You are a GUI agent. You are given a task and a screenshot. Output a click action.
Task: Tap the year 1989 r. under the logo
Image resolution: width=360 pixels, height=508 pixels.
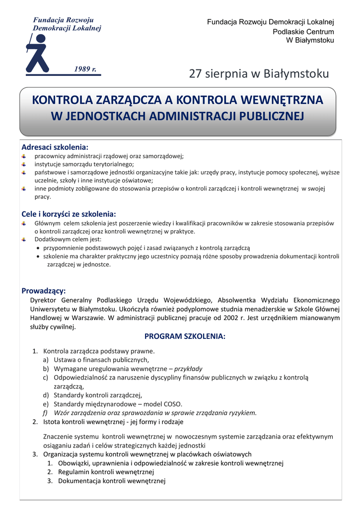coord(85,68)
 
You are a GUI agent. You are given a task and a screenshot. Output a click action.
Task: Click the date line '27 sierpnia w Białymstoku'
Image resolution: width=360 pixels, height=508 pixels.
coord(259,74)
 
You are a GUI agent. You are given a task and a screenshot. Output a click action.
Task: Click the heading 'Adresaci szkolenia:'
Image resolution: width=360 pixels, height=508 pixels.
coord(55,147)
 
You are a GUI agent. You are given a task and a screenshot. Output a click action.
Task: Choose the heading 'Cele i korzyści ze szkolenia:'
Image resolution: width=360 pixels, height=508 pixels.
coord(69,214)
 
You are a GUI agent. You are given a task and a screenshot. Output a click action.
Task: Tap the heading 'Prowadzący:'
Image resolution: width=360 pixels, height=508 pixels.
coord(43,291)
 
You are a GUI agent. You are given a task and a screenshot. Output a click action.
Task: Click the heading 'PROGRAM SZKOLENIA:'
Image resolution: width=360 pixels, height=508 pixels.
coord(185,336)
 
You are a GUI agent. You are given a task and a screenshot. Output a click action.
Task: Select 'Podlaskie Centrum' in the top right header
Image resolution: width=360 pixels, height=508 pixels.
coord(303,32)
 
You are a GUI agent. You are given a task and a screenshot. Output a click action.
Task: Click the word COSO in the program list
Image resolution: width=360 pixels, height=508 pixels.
coord(172,404)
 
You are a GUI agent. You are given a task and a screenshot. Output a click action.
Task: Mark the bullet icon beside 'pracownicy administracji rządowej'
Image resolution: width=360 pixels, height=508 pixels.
coord(24,156)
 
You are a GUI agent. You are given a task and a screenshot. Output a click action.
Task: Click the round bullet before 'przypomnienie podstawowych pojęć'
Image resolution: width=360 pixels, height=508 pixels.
coord(38,248)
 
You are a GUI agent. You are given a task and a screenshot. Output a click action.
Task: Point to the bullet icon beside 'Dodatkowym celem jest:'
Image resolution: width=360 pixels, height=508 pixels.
coord(24,240)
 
